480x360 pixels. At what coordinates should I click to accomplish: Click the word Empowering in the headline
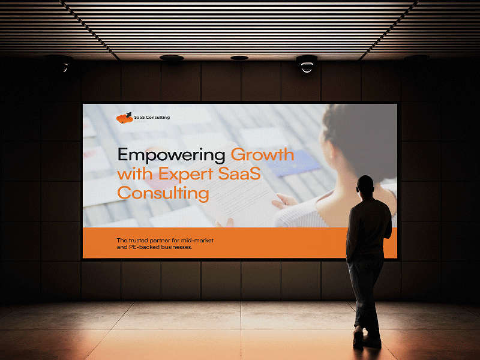coord(171,155)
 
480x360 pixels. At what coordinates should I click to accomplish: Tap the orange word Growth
coord(263,155)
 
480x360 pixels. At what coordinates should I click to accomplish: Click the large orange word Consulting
coord(163,193)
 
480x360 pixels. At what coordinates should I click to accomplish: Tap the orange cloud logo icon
coord(125,118)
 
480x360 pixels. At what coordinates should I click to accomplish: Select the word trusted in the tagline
coord(136,241)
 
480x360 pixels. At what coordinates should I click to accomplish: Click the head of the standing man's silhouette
coord(365,186)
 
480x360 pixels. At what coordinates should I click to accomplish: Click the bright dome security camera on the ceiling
coord(307,65)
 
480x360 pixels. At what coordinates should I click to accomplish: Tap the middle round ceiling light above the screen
coord(239,58)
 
